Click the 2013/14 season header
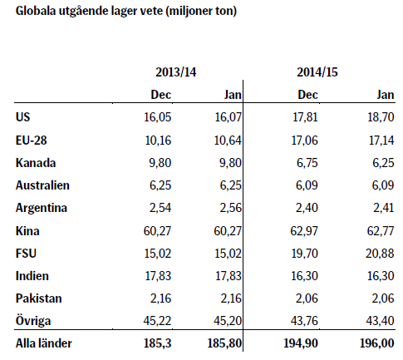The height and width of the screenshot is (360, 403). tap(176, 72)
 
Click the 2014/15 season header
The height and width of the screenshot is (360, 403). tap(317, 72)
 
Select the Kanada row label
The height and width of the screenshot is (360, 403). tap(36, 163)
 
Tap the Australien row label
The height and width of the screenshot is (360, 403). tap(42, 185)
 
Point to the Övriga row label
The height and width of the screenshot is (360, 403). tap(33, 321)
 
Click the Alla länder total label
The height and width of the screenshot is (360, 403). tap(44, 343)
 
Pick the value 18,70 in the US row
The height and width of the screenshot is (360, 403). tap(381, 117)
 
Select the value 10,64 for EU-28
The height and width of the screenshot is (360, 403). tap(228, 141)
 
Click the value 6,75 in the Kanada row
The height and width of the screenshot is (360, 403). tap(307, 163)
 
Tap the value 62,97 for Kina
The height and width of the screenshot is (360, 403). tap(304, 231)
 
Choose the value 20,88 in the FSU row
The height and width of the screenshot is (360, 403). tap(380, 254)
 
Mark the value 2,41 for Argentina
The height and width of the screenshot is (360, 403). tap(384, 208)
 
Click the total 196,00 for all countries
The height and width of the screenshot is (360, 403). tap(377, 343)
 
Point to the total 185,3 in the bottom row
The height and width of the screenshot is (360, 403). tap(157, 343)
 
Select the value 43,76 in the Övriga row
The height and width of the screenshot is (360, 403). tap(304, 321)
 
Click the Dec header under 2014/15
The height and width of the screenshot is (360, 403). tap(307, 95)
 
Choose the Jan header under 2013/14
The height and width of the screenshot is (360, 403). tap(233, 95)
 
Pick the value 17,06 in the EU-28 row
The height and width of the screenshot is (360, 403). tap(305, 141)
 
